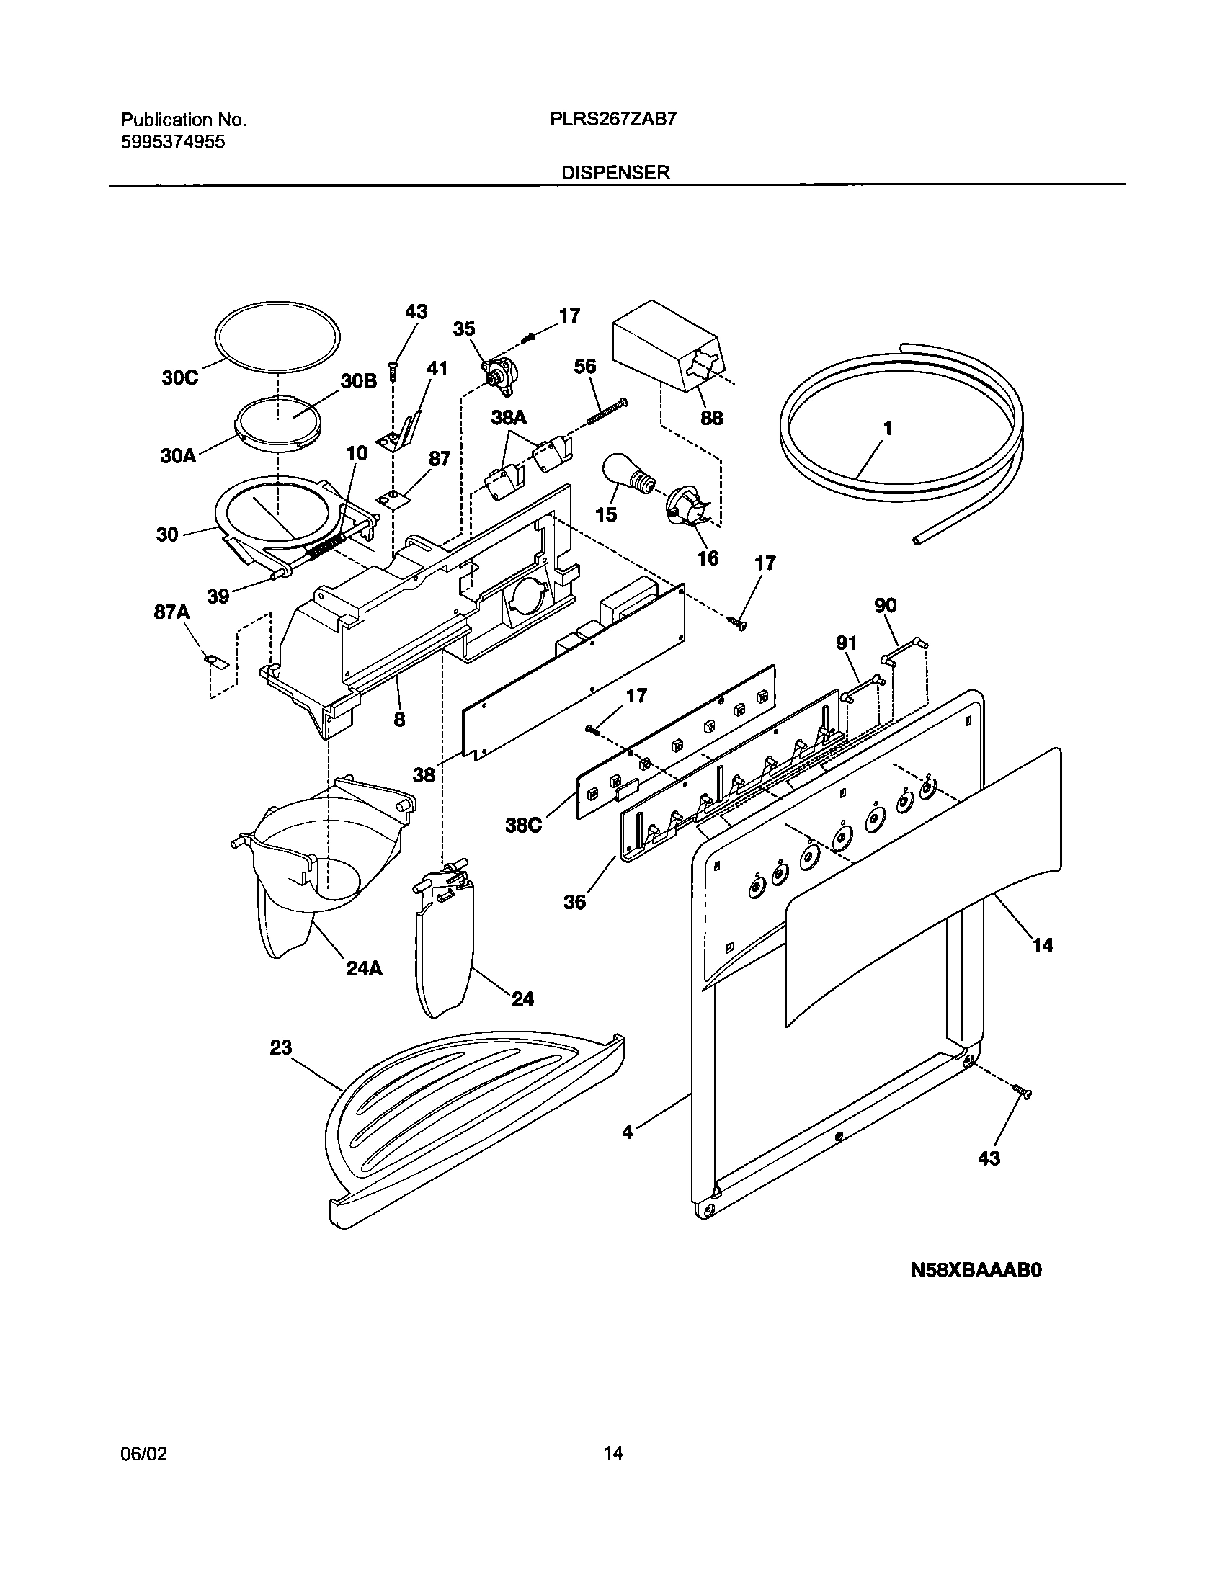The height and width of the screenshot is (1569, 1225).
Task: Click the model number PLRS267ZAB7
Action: pos(613,120)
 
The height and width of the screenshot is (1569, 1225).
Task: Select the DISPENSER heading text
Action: pos(616,173)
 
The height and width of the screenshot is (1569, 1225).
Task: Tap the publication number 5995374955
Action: pos(173,142)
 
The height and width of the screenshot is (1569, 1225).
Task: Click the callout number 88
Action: pos(711,418)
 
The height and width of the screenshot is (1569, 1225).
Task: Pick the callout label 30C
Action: pos(179,377)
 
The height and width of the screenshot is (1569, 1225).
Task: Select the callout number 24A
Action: pos(364,969)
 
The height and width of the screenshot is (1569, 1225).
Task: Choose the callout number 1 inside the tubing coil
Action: pos(888,429)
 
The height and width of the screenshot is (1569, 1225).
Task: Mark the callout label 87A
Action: pos(171,612)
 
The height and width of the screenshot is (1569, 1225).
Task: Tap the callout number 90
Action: pos(886,605)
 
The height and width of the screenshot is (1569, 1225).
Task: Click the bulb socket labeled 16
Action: pos(685,504)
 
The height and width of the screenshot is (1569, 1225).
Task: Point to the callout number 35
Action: pos(464,328)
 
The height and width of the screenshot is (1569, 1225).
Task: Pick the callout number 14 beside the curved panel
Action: pos(1043,945)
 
